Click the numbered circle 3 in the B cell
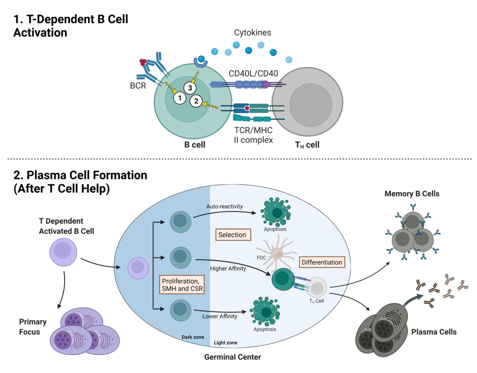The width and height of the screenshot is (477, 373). tap(190, 88)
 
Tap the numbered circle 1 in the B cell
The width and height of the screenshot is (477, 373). tap(180, 98)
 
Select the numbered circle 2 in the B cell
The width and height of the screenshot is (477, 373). tap(196, 101)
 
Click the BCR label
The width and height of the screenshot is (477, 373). tap(138, 86)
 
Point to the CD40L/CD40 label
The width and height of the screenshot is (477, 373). tap(253, 74)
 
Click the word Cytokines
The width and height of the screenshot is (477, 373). tap(252, 33)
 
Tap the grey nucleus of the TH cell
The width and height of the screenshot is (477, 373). tap(311, 105)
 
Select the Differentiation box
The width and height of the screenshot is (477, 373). tap(322, 262)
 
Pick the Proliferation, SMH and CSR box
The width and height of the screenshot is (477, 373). tap(182, 285)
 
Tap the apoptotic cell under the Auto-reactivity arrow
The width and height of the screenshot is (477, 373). tap(276, 212)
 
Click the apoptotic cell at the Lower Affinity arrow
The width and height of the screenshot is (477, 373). tap(265, 312)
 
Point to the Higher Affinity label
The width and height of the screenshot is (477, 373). tap(228, 268)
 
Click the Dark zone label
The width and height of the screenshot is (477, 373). tap(193, 337)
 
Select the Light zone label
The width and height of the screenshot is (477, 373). tap(225, 343)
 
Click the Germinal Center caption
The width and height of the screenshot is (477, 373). tap(233, 357)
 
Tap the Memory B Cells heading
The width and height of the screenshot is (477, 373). tap(412, 194)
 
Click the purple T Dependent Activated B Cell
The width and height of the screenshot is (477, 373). tap(63, 252)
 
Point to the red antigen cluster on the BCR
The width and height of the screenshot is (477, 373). tap(143, 62)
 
